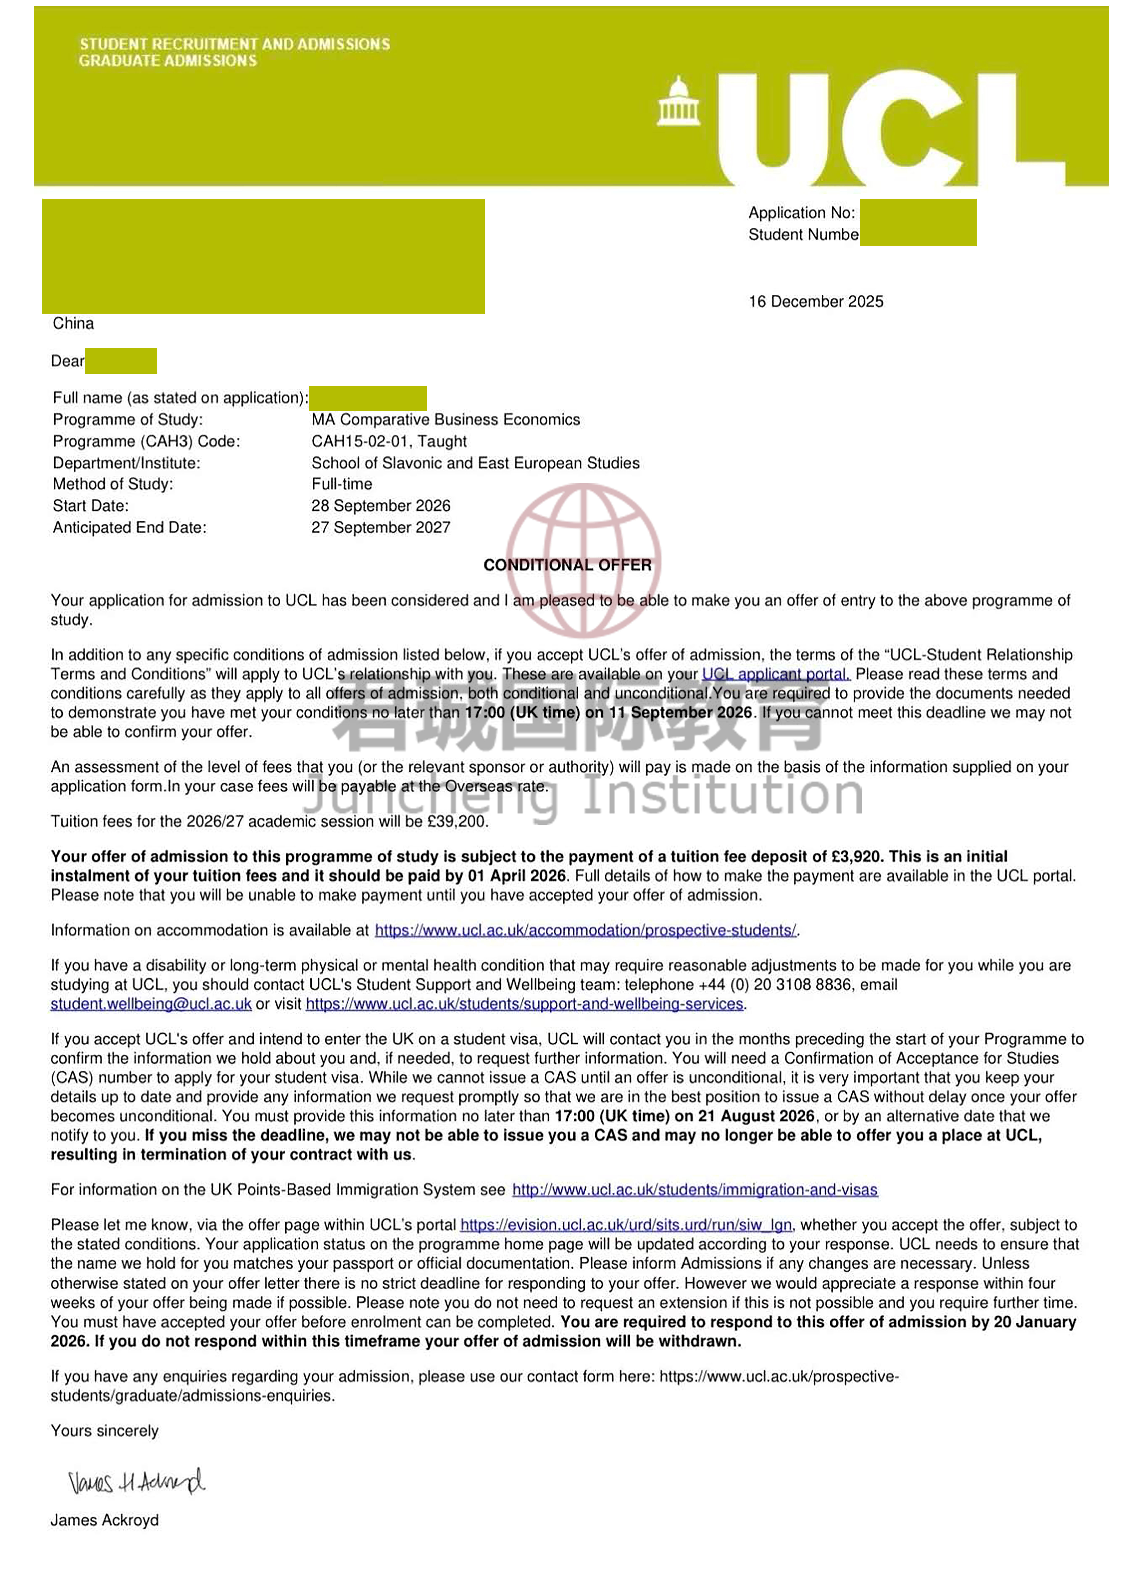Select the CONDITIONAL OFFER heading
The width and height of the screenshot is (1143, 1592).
click(567, 565)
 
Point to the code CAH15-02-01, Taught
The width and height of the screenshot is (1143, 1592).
click(389, 442)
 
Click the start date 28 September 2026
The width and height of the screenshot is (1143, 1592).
click(380, 506)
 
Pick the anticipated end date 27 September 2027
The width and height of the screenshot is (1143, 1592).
click(380, 528)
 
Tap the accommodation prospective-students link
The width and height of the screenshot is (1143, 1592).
click(586, 931)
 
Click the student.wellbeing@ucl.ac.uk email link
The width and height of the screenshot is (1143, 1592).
click(151, 1004)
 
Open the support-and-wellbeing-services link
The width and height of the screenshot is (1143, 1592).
click(524, 1004)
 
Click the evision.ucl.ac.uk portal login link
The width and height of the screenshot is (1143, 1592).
click(626, 1226)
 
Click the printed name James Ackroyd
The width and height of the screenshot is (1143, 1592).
click(105, 1520)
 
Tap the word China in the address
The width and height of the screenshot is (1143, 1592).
click(73, 324)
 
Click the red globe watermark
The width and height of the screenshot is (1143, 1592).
click(583, 558)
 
